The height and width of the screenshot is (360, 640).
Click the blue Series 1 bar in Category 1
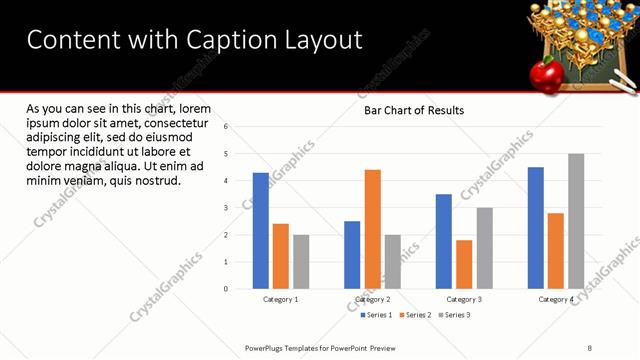tap(261, 231)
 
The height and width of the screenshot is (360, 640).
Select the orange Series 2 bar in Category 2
tap(372, 229)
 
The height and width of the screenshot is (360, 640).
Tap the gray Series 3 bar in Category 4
tap(576, 221)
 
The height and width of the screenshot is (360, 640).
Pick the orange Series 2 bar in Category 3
tap(464, 264)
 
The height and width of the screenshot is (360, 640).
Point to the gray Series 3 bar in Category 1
tap(301, 262)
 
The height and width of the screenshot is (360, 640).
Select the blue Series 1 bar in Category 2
tap(352, 255)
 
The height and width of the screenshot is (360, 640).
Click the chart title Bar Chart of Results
tap(413, 110)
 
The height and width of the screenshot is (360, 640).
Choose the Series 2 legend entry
tap(415, 315)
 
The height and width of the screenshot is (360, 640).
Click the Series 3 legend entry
tap(454, 315)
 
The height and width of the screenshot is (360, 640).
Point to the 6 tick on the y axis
tap(227, 127)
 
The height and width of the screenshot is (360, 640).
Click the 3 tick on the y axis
tap(227, 208)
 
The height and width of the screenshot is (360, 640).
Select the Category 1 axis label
tap(281, 299)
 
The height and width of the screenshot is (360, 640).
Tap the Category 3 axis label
tap(464, 299)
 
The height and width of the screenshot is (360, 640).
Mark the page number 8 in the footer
tap(589, 347)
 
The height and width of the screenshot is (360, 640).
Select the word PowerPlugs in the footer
tap(267, 347)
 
